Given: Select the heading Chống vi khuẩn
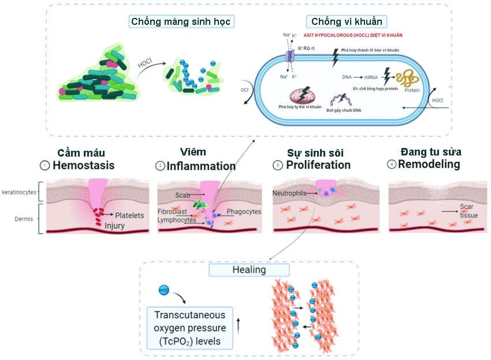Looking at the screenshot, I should tap(339, 21).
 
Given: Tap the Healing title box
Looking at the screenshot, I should tap(249, 270).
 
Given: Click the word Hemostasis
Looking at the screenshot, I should tap(84, 165).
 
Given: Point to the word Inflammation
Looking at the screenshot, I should tap(201, 166).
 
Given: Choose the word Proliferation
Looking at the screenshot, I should tap(318, 165).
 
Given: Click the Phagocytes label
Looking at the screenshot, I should tap(244, 211).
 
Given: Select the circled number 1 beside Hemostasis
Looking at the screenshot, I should tap(44, 165).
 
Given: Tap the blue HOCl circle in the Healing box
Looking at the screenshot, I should tap(164, 288).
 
